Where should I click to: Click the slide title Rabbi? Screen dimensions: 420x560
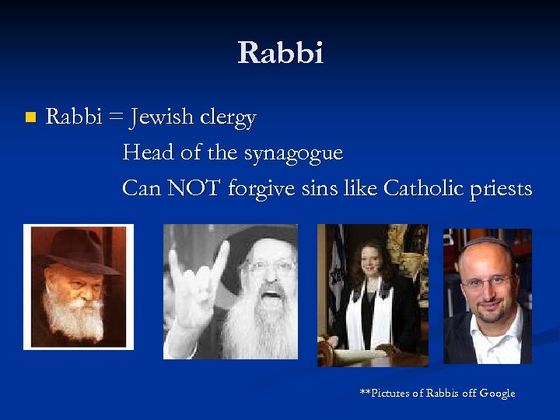coord(280,54)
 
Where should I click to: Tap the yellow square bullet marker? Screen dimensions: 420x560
coord(30,118)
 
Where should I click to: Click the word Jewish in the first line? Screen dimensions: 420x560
coord(170,118)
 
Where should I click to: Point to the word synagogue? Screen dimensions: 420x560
coord(293,154)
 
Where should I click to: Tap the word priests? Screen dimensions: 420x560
coord(502,189)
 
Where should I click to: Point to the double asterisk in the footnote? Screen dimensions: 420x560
coord(363,392)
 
